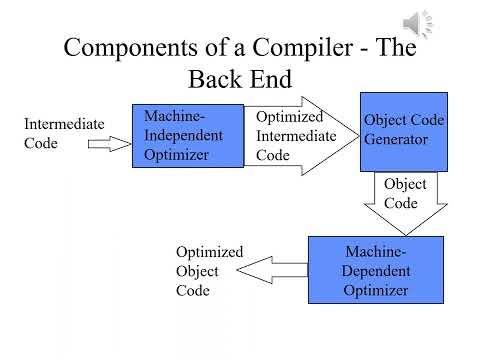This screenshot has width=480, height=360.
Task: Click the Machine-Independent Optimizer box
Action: pos(188,135)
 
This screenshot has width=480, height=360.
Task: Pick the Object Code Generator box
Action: pos(404,131)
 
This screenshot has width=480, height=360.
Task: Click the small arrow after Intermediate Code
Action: pos(109,144)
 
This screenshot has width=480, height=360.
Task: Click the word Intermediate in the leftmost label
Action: pos(63,124)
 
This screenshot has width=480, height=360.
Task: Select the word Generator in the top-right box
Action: pos(396,140)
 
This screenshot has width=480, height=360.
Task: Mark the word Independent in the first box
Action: pos(187,136)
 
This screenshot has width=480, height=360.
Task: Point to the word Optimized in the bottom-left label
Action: pos(209,252)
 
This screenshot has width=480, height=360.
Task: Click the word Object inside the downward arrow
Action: pos(405,185)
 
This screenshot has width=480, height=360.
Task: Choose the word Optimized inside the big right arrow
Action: pos(289,117)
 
